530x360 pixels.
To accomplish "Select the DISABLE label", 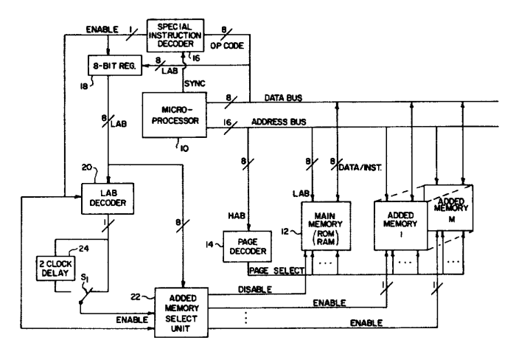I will coord(257,291).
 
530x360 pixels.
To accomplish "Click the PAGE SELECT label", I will coord(276,271).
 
